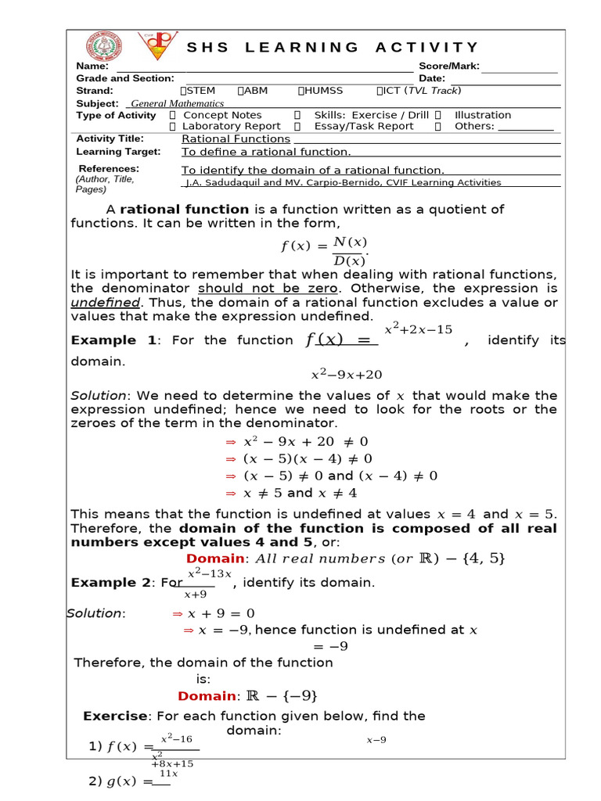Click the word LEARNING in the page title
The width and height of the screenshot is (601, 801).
(x=302, y=48)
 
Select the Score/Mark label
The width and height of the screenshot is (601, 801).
(x=449, y=66)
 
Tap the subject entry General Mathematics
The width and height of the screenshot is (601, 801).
(x=177, y=103)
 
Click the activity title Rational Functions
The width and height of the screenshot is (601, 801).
(x=236, y=139)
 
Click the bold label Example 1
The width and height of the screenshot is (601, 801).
(x=113, y=340)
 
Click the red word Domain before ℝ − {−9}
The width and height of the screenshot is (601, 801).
(x=207, y=696)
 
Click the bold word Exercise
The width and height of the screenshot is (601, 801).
(x=115, y=716)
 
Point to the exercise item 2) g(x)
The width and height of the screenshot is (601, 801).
(x=121, y=781)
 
